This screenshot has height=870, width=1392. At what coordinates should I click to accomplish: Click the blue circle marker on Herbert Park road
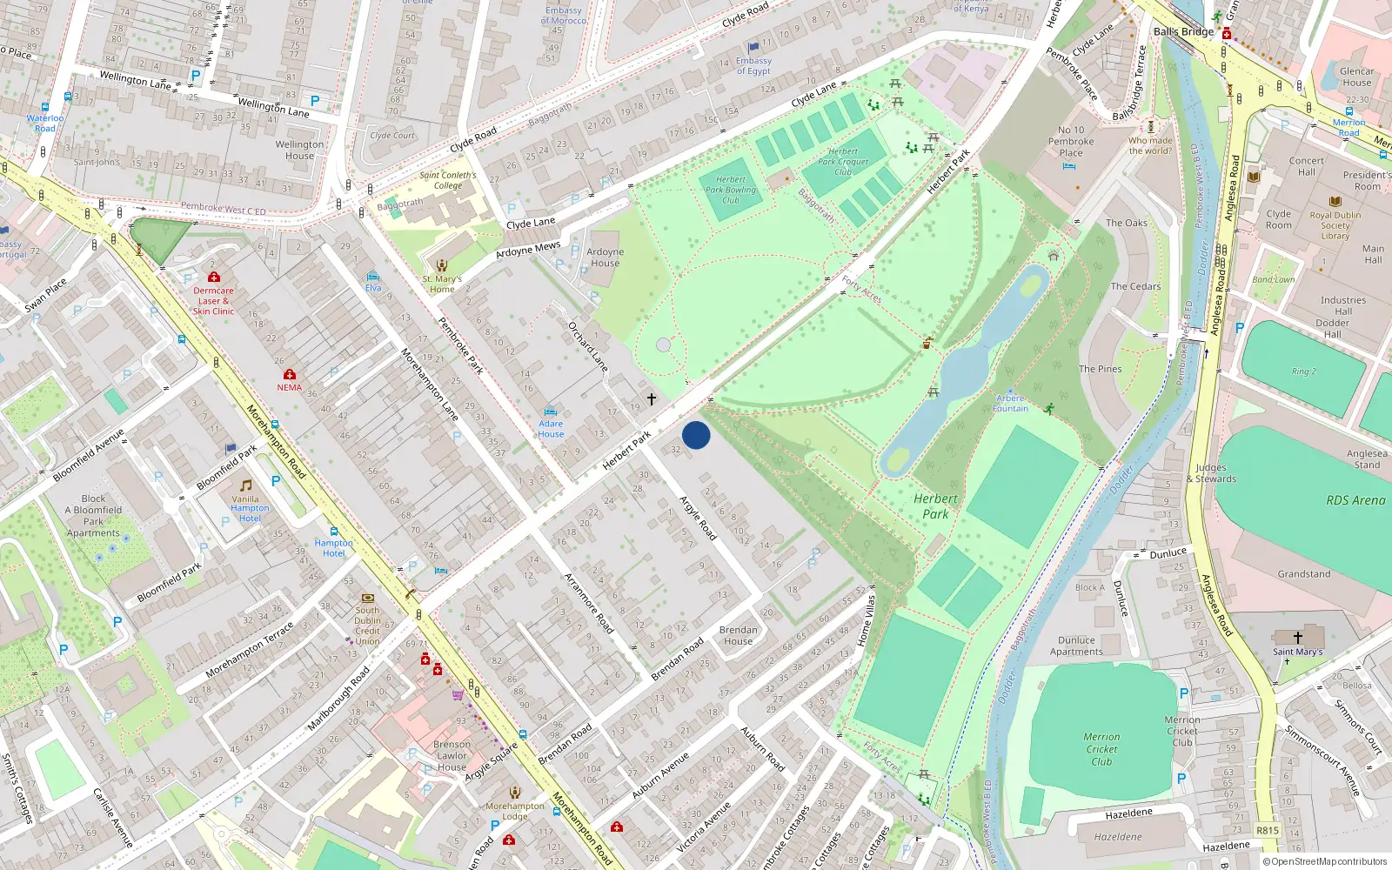click(x=696, y=435)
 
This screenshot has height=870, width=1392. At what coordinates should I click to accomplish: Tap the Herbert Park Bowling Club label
click(x=731, y=190)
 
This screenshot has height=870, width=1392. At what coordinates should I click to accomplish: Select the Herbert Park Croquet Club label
click(x=843, y=162)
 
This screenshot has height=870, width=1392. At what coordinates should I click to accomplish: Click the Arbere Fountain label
click(x=1010, y=404)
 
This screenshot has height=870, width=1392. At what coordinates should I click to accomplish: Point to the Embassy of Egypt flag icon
click(x=753, y=48)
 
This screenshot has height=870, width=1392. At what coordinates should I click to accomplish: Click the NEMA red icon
click(x=290, y=374)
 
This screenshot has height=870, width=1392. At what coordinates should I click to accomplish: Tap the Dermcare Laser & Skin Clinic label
click(x=213, y=301)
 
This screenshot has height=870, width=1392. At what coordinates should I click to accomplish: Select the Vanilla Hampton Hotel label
click(x=250, y=509)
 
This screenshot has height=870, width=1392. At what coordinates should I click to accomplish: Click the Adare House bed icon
click(x=550, y=412)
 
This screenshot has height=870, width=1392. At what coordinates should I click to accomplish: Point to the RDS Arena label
click(x=1355, y=500)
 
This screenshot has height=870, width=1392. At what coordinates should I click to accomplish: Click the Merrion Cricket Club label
click(x=1101, y=749)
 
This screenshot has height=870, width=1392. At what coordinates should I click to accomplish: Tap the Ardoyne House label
click(x=605, y=258)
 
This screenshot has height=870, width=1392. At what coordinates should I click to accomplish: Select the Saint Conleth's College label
click(x=448, y=180)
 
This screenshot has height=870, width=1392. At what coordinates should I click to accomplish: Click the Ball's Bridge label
click(x=1183, y=32)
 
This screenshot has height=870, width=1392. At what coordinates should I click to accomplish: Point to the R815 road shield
click(x=1268, y=830)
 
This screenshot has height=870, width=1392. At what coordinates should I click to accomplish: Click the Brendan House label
click(x=739, y=635)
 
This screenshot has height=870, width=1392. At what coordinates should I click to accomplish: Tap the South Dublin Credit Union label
click(x=367, y=626)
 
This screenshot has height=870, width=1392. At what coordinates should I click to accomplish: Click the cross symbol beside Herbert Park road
click(x=651, y=399)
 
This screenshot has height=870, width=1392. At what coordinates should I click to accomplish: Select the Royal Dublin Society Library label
click(x=1335, y=225)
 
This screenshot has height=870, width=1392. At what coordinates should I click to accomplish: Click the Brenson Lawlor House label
click(x=452, y=756)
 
